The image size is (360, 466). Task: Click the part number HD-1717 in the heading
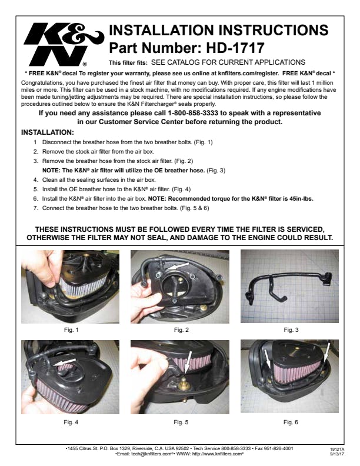tap(235, 48)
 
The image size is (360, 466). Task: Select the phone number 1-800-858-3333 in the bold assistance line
tap(193, 113)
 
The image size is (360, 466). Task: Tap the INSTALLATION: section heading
tap(48, 132)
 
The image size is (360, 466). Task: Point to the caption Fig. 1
tap(71, 330)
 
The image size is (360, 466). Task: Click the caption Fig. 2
tap(181, 330)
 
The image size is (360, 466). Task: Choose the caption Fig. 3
tap(291, 330)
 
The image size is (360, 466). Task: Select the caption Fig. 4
tap(71, 422)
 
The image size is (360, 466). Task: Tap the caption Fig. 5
tap(181, 422)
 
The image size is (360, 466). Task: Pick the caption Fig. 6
tap(291, 422)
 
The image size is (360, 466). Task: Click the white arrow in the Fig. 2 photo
tap(178, 266)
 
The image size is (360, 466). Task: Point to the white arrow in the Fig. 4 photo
tap(65, 362)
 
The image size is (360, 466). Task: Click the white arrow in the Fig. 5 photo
tap(188, 363)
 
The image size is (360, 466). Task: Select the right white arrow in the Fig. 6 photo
tap(326, 353)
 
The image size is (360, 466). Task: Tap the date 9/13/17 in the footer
tap(337, 454)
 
